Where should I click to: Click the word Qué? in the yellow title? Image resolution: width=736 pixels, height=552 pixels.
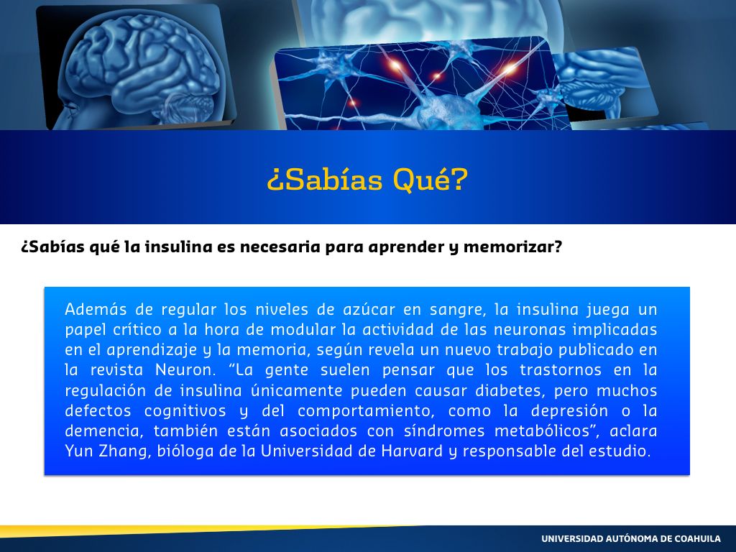coord(431,179)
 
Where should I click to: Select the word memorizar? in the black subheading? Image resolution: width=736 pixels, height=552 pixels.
coord(512,247)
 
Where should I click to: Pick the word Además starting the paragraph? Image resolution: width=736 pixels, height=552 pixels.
coord(96,309)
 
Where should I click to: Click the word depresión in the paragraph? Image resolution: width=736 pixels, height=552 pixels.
coord(569,410)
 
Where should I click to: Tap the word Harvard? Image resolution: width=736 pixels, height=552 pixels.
coord(412,451)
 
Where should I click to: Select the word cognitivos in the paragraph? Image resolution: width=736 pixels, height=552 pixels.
coord(185,411)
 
